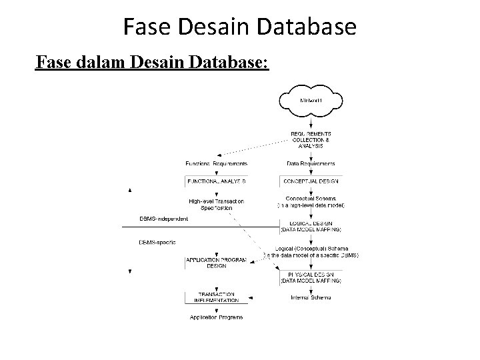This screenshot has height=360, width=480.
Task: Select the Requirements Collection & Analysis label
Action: (310, 139)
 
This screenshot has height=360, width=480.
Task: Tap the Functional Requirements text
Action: (217, 163)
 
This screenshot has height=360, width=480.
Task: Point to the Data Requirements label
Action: (311, 163)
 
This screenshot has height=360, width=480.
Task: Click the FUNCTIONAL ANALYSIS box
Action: (216, 181)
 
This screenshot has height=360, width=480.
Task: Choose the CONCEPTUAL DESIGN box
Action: (311, 181)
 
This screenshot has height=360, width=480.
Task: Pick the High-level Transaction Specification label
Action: (216, 204)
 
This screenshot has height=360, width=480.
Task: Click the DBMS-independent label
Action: (163, 219)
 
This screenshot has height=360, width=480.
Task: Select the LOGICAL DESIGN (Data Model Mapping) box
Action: (311, 226)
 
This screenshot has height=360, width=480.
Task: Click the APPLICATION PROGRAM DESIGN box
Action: (216, 262)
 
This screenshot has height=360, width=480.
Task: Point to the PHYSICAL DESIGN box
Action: (311, 277)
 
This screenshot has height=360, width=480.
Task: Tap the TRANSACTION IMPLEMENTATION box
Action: (216, 297)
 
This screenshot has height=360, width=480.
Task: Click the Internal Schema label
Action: (311, 297)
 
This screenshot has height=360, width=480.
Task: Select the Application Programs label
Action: (216, 317)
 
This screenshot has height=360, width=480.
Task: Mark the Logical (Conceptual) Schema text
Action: (311, 251)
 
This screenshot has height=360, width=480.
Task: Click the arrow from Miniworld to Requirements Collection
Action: (310, 121)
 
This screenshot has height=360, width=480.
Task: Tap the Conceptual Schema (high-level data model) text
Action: (311, 202)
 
